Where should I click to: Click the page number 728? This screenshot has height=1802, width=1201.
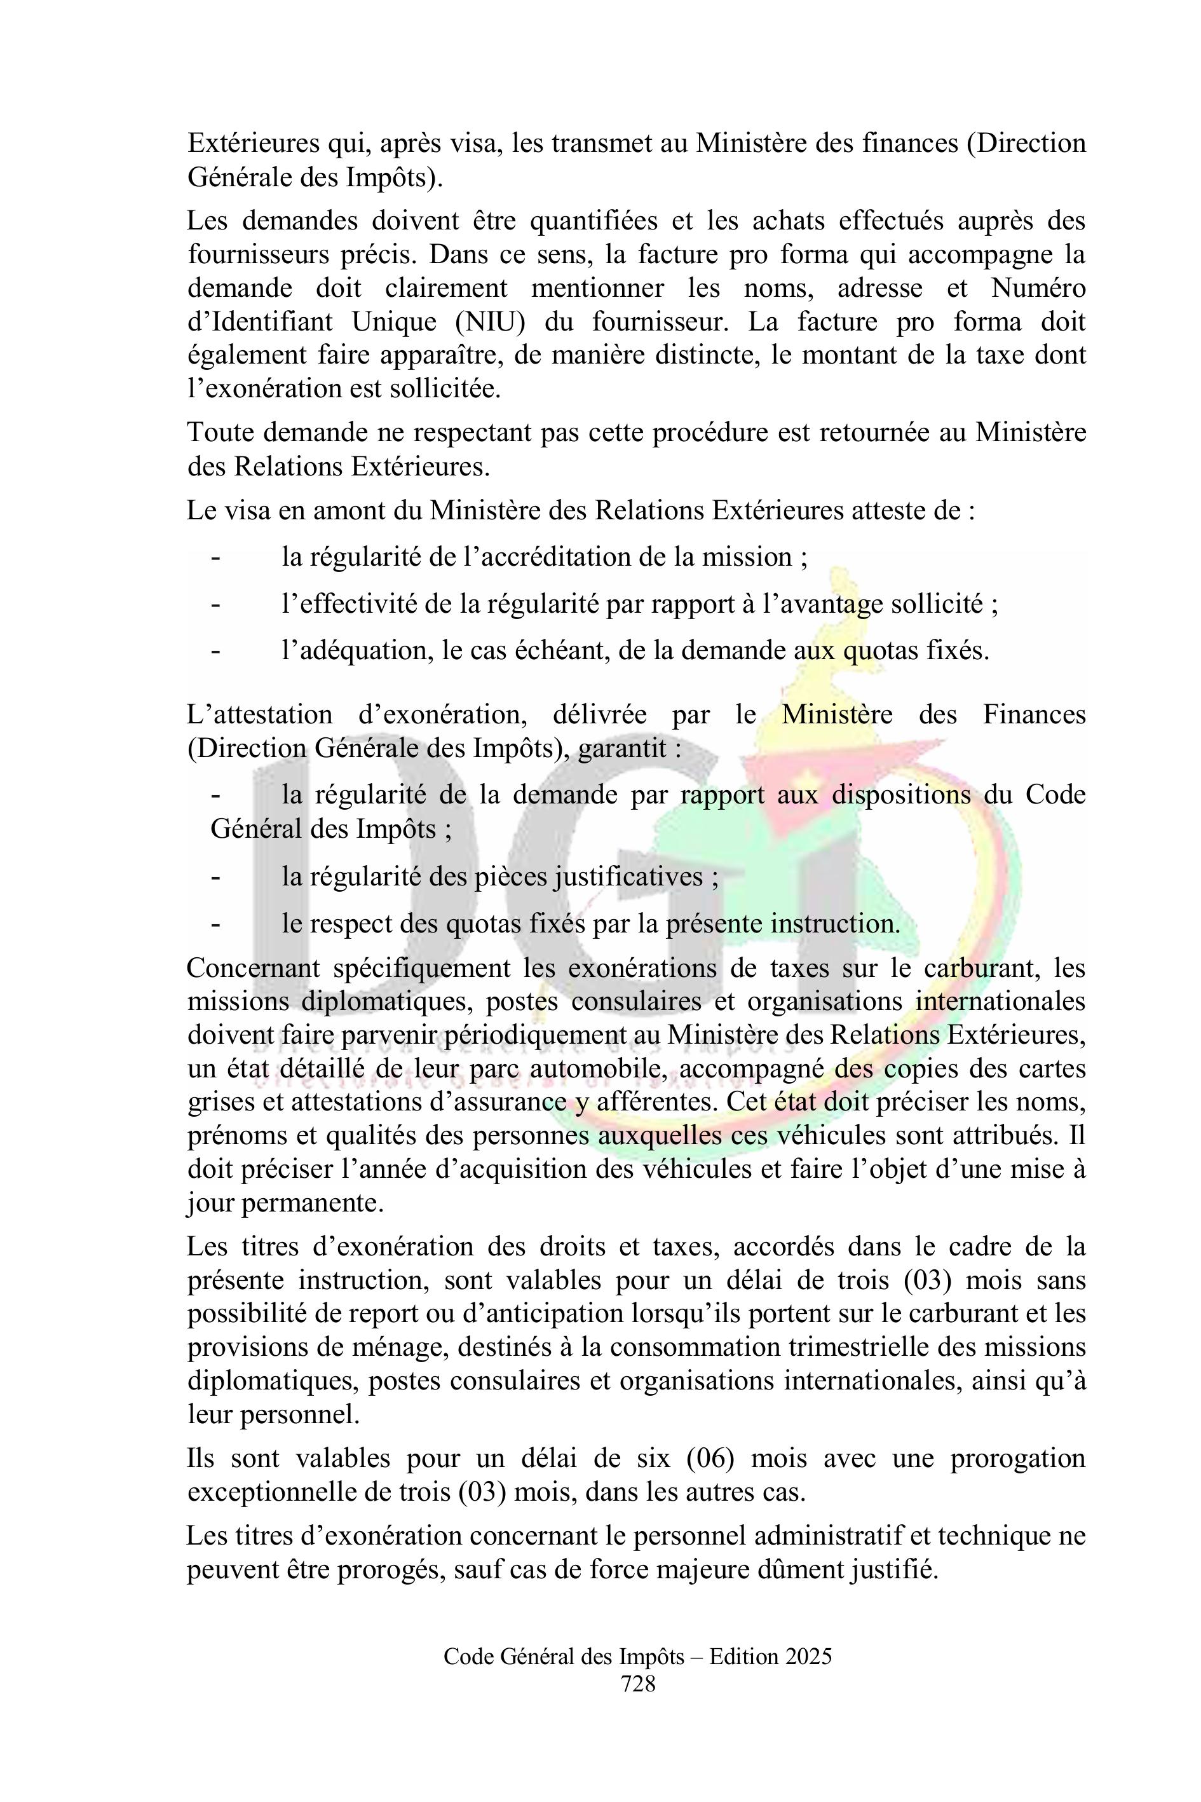[638, 1683]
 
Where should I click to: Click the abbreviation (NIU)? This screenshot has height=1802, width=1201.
[489, 322]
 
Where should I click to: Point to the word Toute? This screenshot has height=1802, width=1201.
[223, 433]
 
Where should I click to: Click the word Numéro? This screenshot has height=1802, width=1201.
[1038, 288]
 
